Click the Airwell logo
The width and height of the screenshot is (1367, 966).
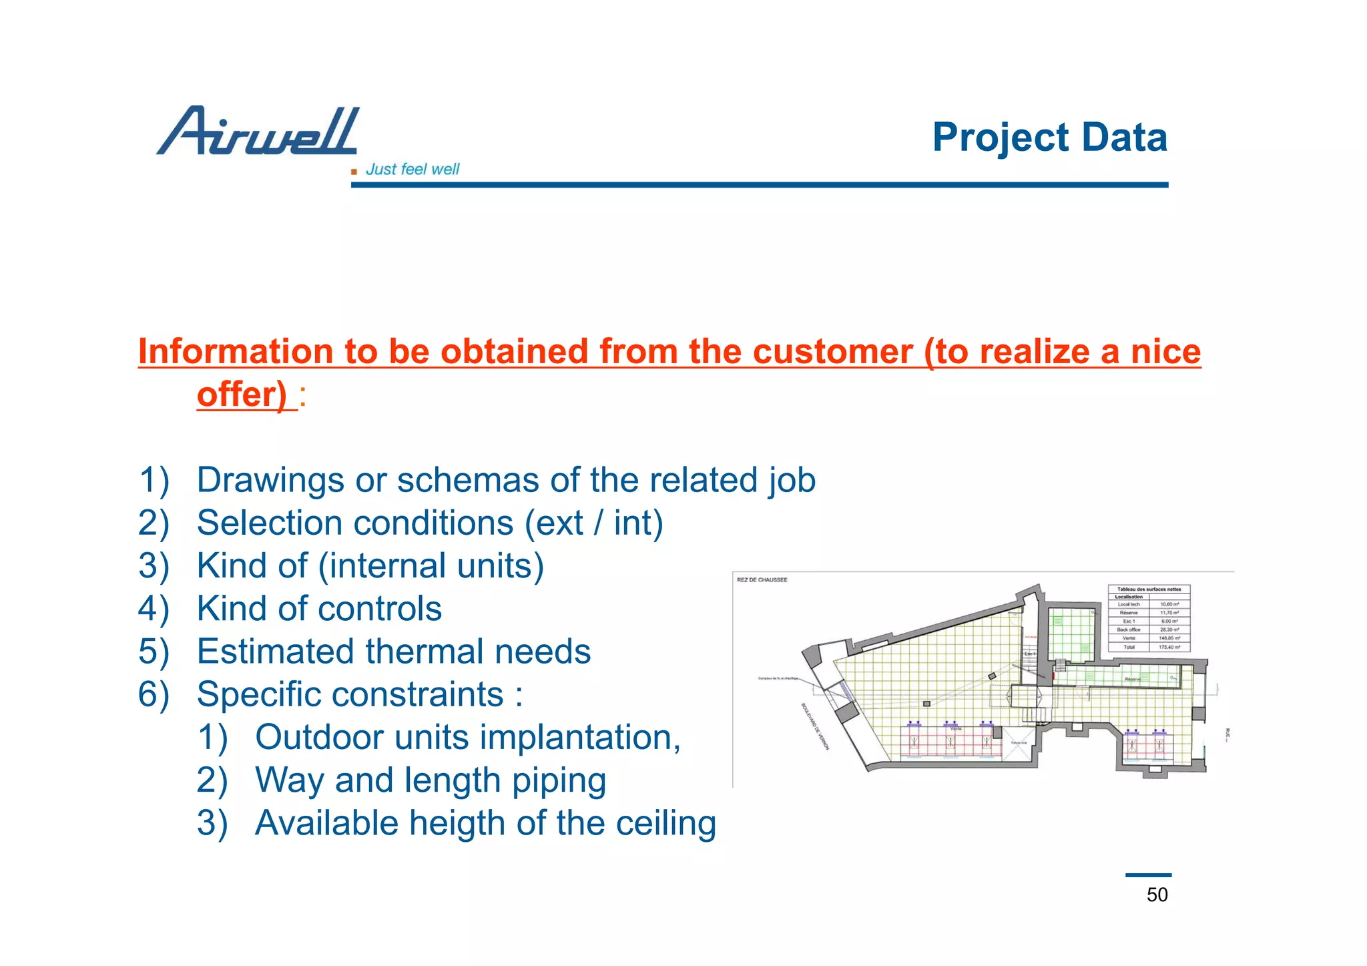tap(258, 131)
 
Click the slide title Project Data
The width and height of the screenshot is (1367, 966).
tap(1049, 138)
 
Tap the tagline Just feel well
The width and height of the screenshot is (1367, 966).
tap(413, 170)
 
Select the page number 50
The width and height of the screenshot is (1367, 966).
tap(1157, 895)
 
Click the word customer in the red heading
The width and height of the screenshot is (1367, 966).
tap(832, 352)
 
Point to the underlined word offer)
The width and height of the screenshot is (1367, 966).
tap(242, 395)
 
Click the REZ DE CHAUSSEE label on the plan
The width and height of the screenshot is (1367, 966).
tap(762, 580)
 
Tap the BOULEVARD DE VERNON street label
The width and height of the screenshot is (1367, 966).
tap(814, 726)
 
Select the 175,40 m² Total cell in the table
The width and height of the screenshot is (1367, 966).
tap(1169, 647)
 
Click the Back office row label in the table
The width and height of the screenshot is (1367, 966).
tap(1128, 630)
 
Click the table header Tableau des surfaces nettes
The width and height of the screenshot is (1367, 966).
tap(1149, 589)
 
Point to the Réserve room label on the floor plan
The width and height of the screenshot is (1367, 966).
tap(1132, 679)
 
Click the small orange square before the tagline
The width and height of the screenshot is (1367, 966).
tap(354, 172)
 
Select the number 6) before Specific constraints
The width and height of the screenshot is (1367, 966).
tap(154, 694)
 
